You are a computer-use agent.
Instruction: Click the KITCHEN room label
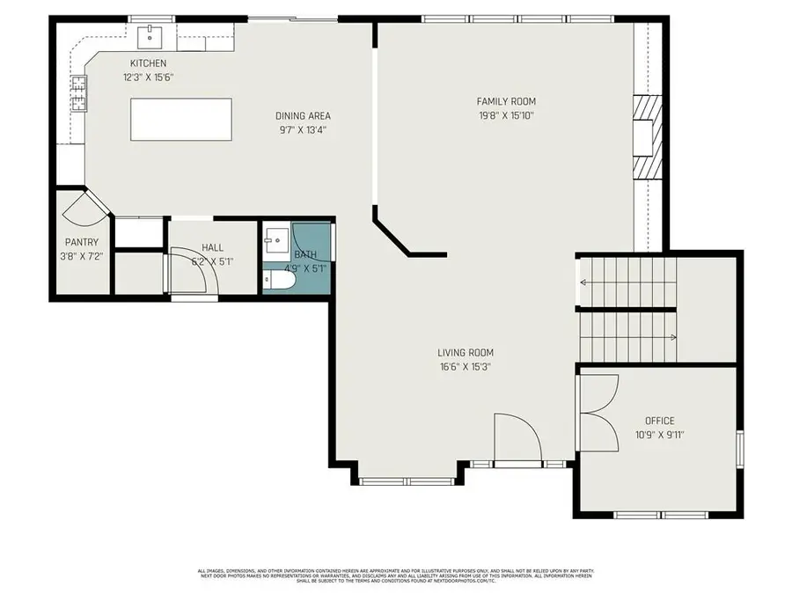(x=148, y=63)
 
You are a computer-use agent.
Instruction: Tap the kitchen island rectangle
(x=181, y=119)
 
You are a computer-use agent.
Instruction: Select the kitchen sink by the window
(x=150, y=36)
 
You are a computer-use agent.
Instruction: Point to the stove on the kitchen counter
(x=79, y=93)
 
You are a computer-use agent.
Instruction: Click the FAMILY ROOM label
(x=506, y=101)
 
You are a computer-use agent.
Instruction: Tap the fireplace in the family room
(x=647, y=136)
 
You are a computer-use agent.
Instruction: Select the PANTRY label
(x=81, y=242)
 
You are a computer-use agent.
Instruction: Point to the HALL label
(x=212, y=248)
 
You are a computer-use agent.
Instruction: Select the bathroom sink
(x=275, y=238)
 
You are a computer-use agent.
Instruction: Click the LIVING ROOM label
(x=464, y=353)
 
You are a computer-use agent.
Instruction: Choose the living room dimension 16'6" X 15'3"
(x=464, y=367)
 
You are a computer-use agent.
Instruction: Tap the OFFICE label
(x=659, y=421)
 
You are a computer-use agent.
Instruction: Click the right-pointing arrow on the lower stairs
(x=672, y=336)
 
